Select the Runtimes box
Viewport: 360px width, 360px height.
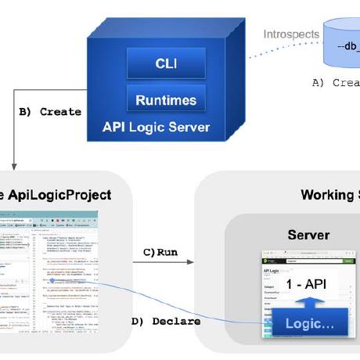(166, 99)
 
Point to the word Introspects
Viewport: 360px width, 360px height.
(291, 34)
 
